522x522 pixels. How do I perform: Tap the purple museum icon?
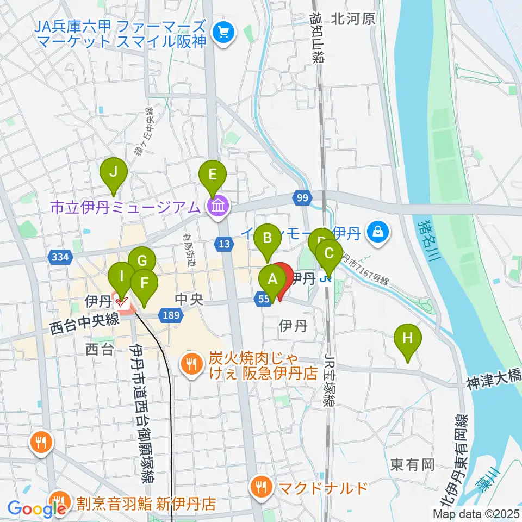point(218,206)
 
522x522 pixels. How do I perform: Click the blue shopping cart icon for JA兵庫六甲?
point(223,33)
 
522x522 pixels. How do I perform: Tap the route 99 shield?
point(302,198)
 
